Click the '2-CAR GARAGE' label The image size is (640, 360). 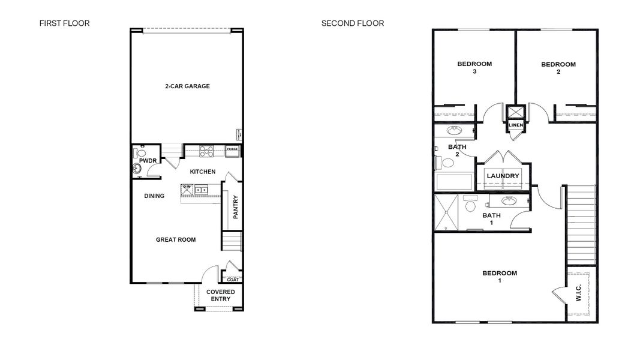click(x=187, y=86)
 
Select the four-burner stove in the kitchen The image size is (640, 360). click(x=206, y=151)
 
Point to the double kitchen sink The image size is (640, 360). click(x=201, y=190)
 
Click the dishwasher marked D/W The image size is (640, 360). click(x=186, y=190)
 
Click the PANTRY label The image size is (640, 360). click(x=236, y=207)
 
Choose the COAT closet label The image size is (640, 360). click(x=233, y=279)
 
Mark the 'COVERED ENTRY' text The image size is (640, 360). click(x=220, y=295)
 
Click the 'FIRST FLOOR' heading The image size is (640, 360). click(x=64, y=23)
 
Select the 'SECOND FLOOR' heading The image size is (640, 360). click(x=352, y=23)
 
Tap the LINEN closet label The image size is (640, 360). click(x=516, y=125)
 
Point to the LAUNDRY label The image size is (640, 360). click(x=503, y=176)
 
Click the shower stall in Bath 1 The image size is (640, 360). click(x=448, y=212)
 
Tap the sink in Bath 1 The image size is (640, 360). click(x=509, y=201)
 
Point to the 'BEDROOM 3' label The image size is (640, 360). click(x=474, y=68)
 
